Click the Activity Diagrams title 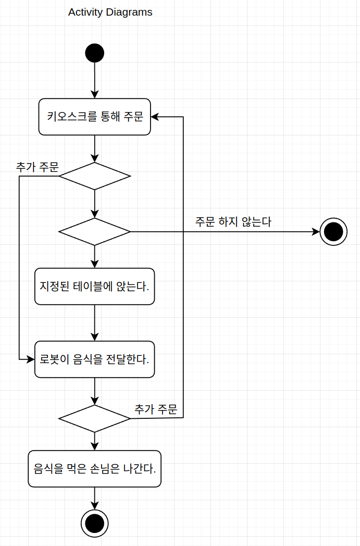pos(110,13)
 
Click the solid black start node pos(94,53)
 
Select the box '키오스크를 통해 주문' pos(95,117)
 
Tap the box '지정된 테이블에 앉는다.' pos(94,287)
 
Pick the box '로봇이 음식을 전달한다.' pos(94,359)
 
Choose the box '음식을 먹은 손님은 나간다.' pos(94,469)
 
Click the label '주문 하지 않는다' pos(233,222)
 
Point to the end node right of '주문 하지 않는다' pos(333,231)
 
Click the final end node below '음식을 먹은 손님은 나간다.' pos(94,523)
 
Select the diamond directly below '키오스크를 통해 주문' pos(94,176)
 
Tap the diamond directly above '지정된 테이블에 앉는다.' pos(94,231)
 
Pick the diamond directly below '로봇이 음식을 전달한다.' pos(94,418)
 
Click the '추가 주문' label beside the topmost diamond pos(37,167)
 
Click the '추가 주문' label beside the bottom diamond pos(156,409)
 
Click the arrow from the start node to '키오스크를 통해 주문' pos(94,79)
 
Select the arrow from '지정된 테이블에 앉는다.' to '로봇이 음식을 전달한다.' pos(94,322)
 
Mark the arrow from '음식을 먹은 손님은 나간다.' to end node pos(94,498)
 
